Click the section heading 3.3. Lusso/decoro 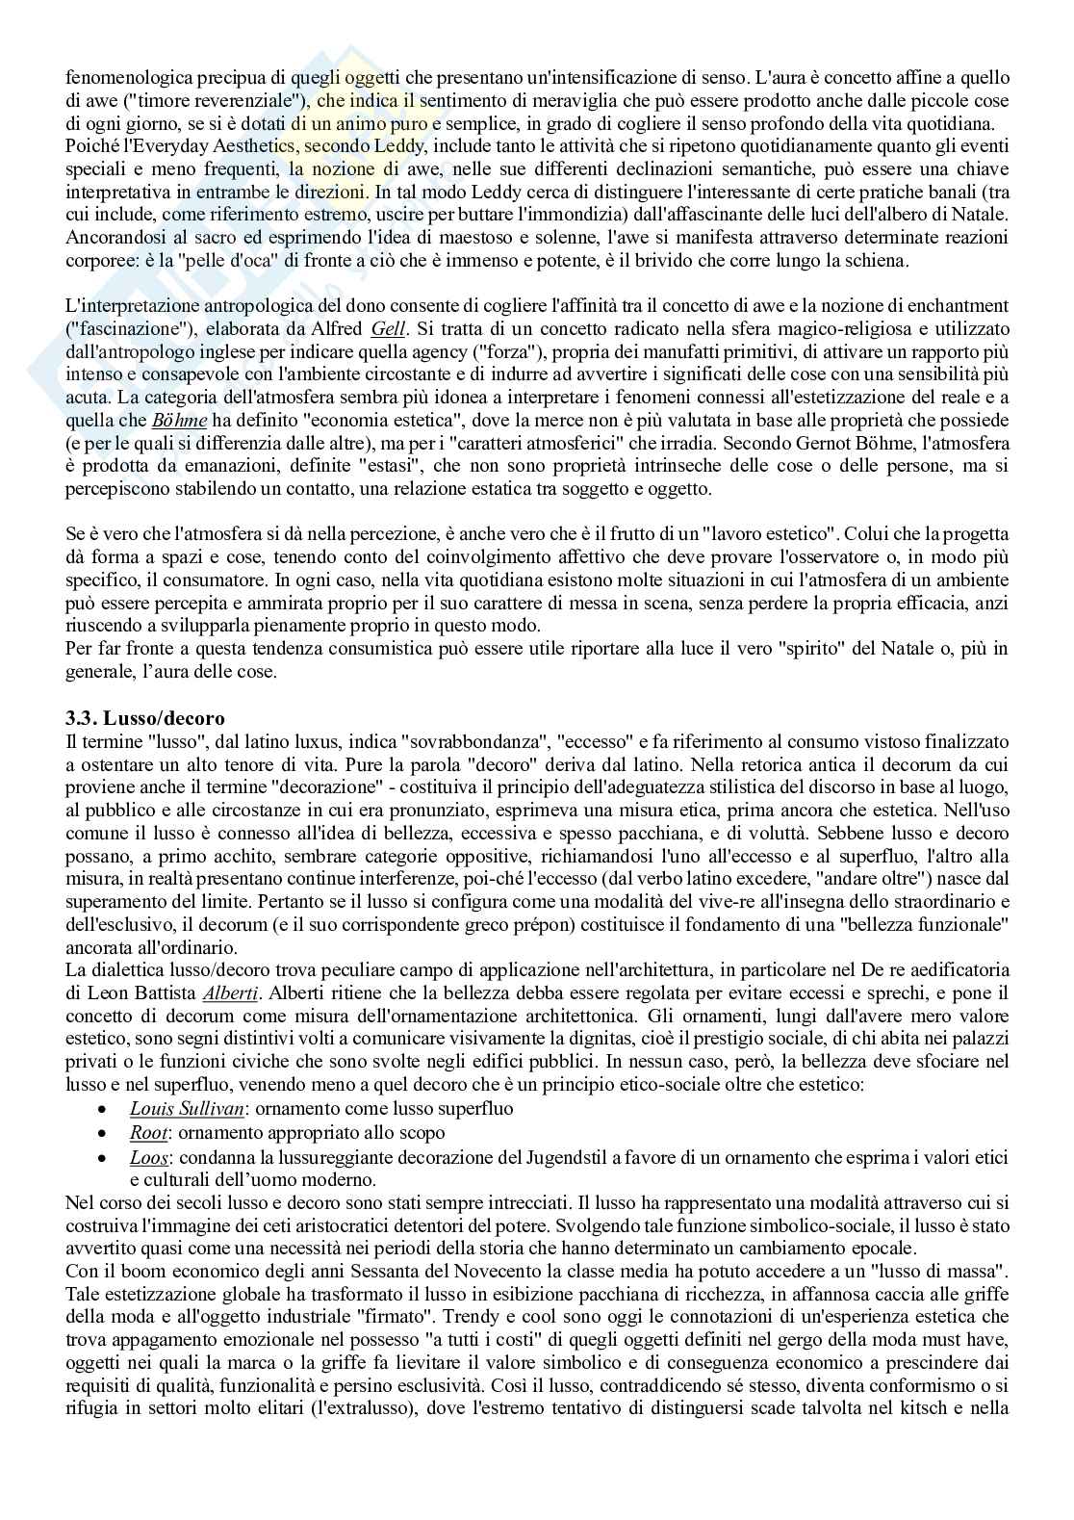coord(144,719)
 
